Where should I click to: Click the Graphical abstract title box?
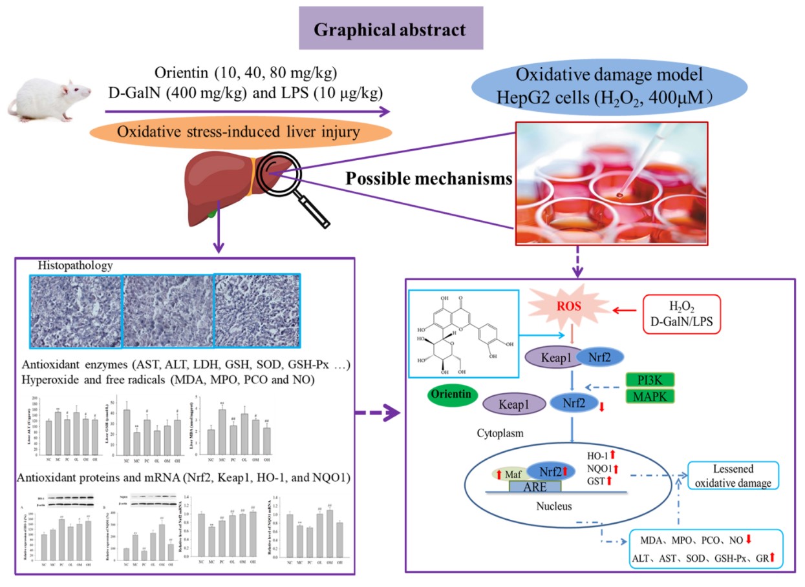click(391, 28)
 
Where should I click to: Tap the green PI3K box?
click(650, 378)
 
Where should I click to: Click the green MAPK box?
click(650, 395)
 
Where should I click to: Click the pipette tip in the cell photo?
click(619, 192)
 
